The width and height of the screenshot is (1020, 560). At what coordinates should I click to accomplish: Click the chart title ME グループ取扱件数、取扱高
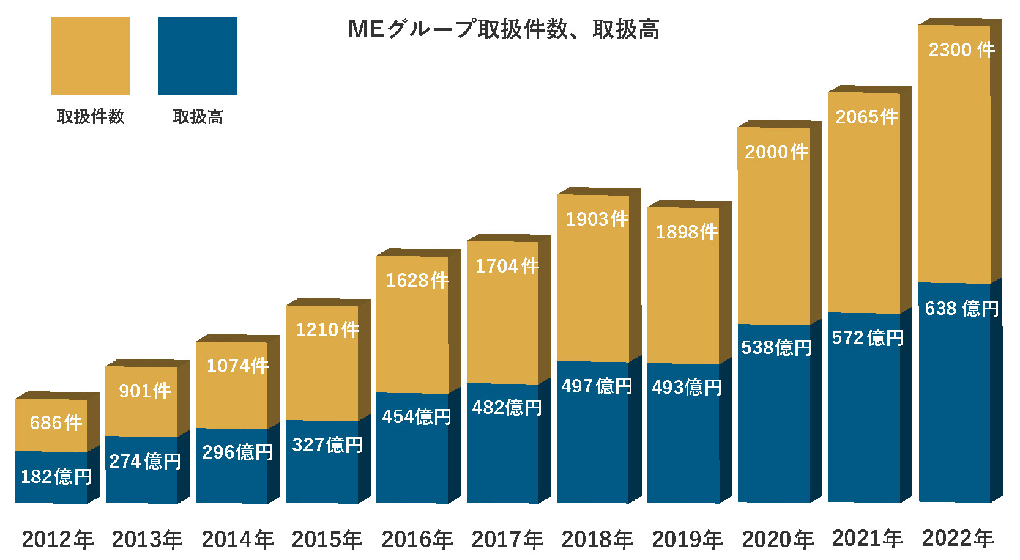click(x=503, y=29)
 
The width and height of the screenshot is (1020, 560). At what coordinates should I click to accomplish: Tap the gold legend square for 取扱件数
click(x=91, y=56)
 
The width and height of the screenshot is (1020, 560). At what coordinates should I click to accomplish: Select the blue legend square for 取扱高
click(x=198, y=56)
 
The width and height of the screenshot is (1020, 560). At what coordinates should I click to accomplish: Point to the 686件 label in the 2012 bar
click(x=56, y=422)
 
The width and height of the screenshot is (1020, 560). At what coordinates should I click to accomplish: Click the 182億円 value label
click(x=56, y=476)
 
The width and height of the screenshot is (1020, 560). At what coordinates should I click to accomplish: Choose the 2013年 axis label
click(x=147, y=539)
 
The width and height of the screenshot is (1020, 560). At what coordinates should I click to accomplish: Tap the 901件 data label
click(x=145, y=391)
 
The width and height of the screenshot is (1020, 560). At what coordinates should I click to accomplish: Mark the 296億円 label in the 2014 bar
click(x=237, y=452)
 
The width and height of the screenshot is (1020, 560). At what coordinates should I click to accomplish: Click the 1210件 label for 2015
click(x=327, y=330)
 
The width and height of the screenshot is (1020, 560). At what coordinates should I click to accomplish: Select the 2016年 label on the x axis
click(x=417, y=539)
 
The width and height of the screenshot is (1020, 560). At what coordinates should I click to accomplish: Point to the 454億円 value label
click(x=417, y=416)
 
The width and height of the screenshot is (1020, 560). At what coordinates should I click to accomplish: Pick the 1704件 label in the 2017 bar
click(x=507, y=266)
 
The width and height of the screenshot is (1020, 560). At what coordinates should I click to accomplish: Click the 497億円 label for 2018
click(x=597, y=386)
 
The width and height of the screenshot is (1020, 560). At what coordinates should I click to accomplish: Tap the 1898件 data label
click(x=687, y=232)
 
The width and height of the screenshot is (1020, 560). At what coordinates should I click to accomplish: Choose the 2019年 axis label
click(x=688, y=539)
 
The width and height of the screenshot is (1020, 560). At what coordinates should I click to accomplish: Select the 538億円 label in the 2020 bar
click(x=776, y=347)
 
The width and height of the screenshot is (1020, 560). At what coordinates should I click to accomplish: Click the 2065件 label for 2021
click(x=867, y=117)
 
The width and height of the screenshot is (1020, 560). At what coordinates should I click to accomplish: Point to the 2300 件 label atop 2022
click(x=961, y=50)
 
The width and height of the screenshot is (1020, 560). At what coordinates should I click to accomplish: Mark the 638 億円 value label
click(x=961, y=308)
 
